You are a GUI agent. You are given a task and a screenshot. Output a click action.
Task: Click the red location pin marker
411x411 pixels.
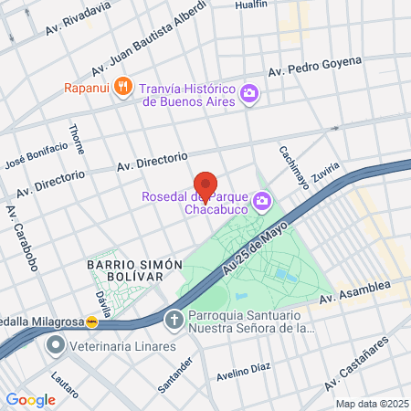[205, 184]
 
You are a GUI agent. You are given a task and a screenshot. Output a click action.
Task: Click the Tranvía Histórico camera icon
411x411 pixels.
[248, 93]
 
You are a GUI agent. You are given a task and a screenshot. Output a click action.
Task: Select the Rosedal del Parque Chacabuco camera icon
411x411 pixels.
[263, 200]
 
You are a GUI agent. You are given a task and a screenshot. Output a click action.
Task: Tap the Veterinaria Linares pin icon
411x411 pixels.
[56, 346]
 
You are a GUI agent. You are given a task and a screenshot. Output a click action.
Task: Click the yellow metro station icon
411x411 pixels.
[92, 321]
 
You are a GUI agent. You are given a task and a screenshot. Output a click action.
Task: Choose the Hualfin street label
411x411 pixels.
[250, 5]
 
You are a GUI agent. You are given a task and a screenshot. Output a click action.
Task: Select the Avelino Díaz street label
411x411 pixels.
[244, 372]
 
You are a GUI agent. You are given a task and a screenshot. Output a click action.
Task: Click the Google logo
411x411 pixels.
[31, 399]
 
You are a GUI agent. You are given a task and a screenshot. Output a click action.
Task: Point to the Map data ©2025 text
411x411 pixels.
[371, 404]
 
